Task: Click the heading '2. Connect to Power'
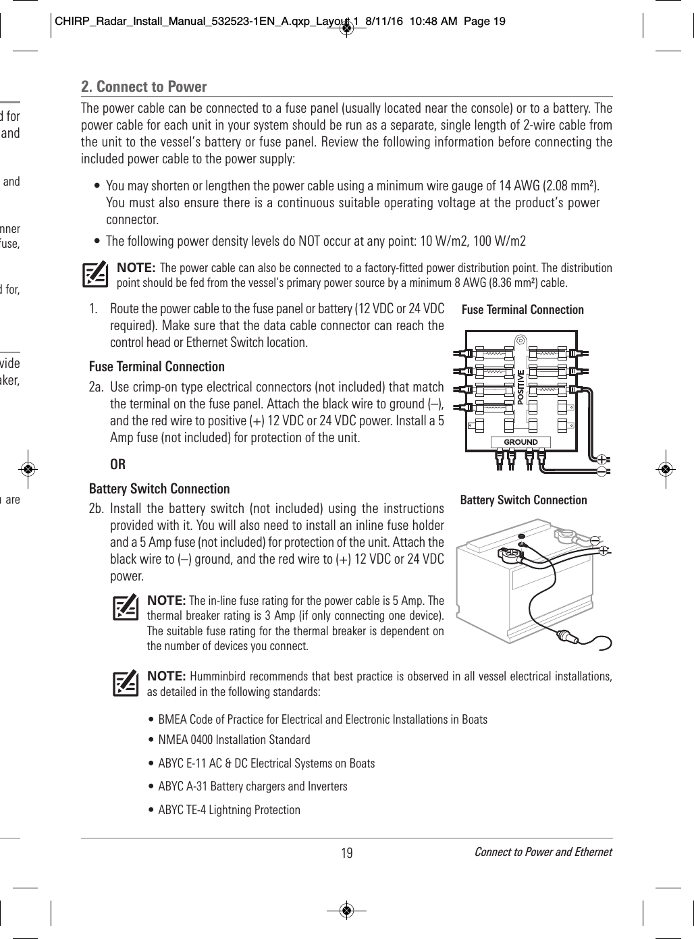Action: pos(144,86)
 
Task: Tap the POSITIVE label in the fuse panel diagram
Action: pos(520,387)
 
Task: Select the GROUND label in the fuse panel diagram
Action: pos(520,442)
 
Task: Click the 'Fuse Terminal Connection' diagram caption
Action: pos(522,310)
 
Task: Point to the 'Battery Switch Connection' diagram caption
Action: pos(523,500)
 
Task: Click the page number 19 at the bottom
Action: pos(346,853)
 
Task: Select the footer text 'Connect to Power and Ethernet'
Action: pos(543,852)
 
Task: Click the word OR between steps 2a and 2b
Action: pos(117,465)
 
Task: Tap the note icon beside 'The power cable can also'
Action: pos(95,274)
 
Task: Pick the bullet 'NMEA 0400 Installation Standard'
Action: pos(234,741)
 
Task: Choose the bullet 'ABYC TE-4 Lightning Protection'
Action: pos(229,809)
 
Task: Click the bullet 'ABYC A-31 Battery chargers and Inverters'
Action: pos(252,786)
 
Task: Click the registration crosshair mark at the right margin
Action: pos(665,468)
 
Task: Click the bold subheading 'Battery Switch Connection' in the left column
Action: pos(159,489)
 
